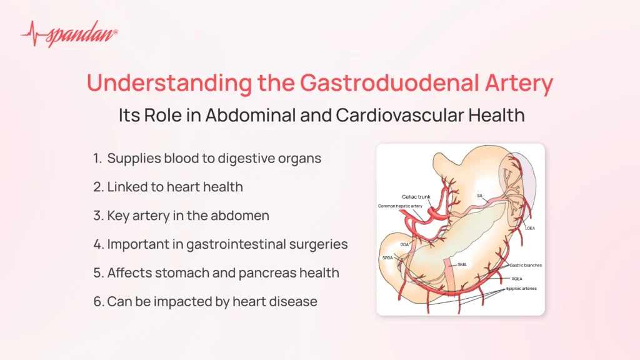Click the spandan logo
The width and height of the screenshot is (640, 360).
click(x=69, y=34)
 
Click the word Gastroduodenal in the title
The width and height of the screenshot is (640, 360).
click(x=389, y=82)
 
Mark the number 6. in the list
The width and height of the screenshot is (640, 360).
click(x=98, y=302)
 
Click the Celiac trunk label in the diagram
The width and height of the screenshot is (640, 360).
click(x=416, y=197)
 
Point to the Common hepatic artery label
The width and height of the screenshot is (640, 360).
click(x=400, y=206)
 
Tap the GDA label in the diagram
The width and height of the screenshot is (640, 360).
click(x=404, y=244)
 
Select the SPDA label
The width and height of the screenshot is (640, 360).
click(x=387, y=258)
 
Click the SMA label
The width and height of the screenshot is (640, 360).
click(x=462, y=264)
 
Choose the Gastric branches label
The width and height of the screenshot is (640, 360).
click(x=526, y=265)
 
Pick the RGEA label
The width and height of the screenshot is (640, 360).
click(x=517, y=279)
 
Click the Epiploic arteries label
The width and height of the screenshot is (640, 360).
click(x=521, y=289)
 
